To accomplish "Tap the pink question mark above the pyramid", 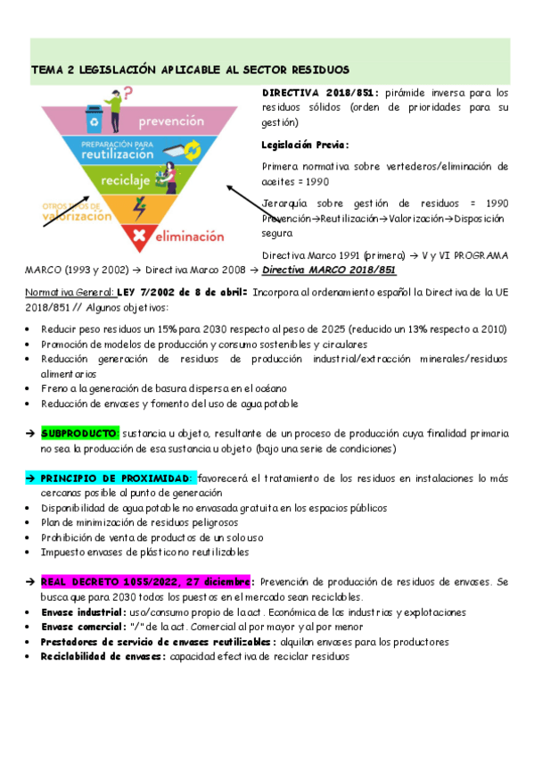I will [x=128, y=92].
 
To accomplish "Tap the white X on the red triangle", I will [x=139, y=237].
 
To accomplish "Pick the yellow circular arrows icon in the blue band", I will [x=193, y=153].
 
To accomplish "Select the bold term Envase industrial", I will [x=83, y=612].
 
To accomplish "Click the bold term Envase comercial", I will [x=84, y=627].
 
